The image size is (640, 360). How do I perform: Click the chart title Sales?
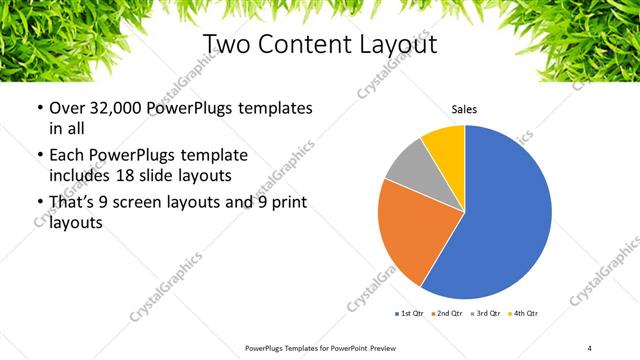pos(464,109)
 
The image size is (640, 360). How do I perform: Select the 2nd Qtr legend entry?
pos(446,314)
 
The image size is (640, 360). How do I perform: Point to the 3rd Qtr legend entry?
pos(484,314)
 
